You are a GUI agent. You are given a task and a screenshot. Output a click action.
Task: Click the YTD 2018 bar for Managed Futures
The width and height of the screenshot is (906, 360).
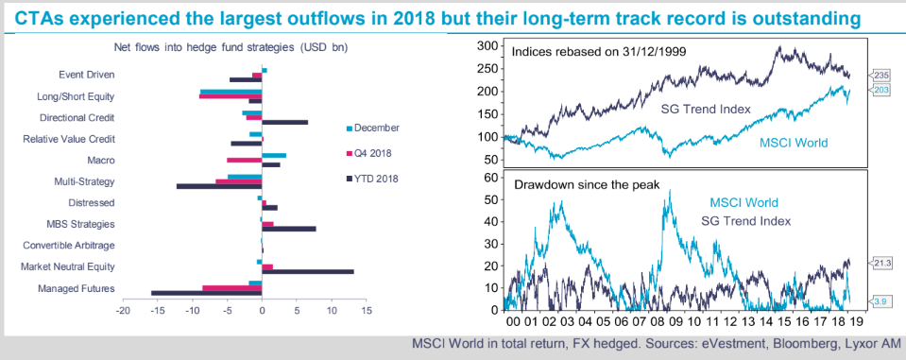[206, 294]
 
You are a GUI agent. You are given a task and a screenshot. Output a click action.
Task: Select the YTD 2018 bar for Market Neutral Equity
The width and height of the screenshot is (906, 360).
[308, 271]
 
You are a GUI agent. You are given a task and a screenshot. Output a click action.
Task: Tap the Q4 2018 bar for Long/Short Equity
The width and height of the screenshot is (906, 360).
[231, 96]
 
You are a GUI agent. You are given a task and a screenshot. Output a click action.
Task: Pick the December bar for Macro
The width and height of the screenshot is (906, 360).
[274, 155]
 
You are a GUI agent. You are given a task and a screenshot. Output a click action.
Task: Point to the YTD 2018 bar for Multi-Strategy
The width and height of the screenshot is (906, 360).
[219, 186]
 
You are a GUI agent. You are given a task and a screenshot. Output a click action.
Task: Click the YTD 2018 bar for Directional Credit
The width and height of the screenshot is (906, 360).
[285, 123]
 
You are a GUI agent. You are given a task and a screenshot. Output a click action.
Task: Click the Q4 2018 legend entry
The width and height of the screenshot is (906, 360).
[368, 153]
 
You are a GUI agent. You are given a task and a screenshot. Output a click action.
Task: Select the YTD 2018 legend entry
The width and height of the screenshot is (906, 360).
[372, 179]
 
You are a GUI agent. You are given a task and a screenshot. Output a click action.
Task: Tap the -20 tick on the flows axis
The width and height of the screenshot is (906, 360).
[123, 310]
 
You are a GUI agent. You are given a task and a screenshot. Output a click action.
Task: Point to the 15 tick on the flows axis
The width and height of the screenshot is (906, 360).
[366, 310]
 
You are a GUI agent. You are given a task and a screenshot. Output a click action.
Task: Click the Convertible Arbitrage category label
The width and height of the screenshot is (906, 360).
[69, 245]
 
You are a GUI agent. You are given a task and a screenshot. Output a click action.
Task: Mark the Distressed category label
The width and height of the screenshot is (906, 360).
[92, 203]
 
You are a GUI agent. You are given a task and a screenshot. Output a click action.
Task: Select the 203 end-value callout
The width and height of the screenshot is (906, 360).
[880, 90]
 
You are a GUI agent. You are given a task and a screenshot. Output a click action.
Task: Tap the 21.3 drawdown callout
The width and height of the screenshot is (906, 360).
[881, 263]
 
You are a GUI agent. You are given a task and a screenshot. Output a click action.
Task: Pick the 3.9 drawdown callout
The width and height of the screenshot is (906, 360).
[880, 300]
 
